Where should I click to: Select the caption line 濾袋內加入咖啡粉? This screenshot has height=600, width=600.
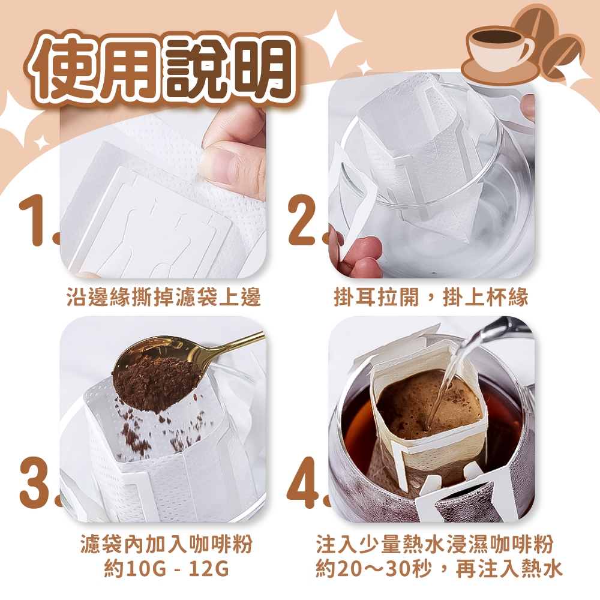[x=166, y=544]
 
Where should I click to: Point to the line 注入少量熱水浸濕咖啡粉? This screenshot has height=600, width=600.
[x=434, y=544]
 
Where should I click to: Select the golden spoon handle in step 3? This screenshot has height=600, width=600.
[x=233, y=344]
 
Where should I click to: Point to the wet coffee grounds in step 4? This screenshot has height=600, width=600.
[x=428, y=406]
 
